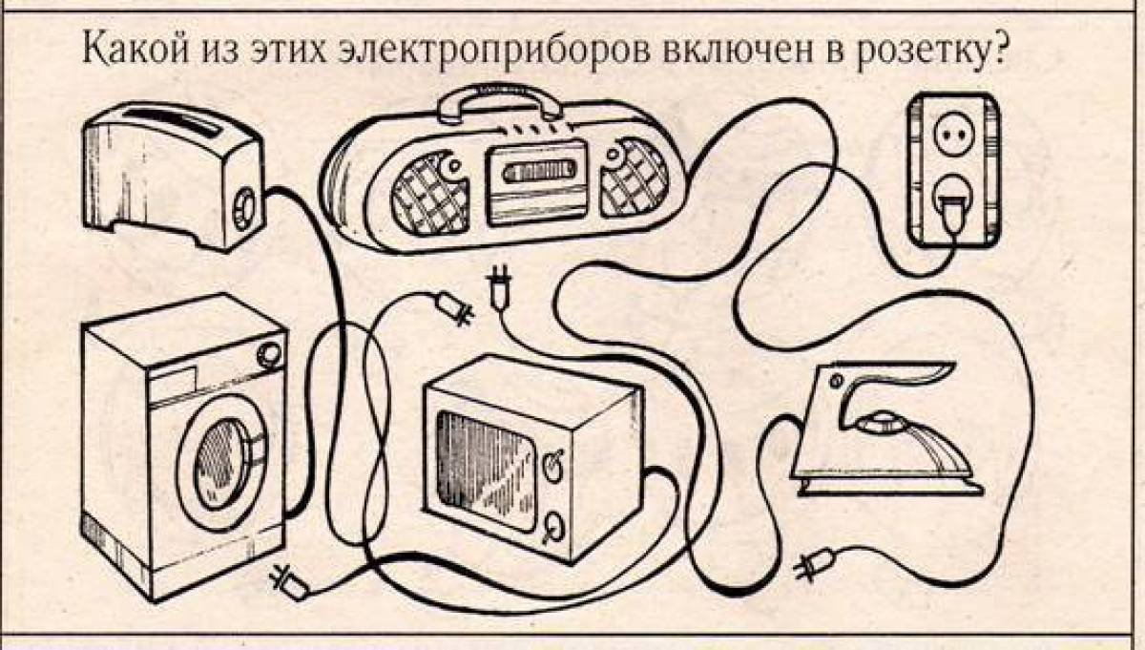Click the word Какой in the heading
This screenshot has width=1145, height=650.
pyautogui.click(x=135, y=50)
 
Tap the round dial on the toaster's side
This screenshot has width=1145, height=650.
pyautogui.click(x=245, y=209)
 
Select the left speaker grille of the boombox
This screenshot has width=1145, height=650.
pyautogui.click(x=429, y=194)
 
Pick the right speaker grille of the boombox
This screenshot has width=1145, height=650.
pyautogui.click(x=635, y=177)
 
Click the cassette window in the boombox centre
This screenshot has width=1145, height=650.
pyautogui.click(x=536, y=171)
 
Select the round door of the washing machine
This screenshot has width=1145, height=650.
pyautogui.click(x=223, y=463)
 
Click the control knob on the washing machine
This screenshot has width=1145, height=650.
pyautogui.click(x=269, y=354)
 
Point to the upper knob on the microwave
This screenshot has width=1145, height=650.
pyautogui.click(x=553, y=466)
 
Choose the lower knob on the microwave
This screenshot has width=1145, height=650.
pyautogui.click(x=553, y=527)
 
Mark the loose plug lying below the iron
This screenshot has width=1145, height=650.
pyautogui.click(x=815, y=563)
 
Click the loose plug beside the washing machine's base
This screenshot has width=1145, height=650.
pyautogui.click(x=289, y=582)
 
